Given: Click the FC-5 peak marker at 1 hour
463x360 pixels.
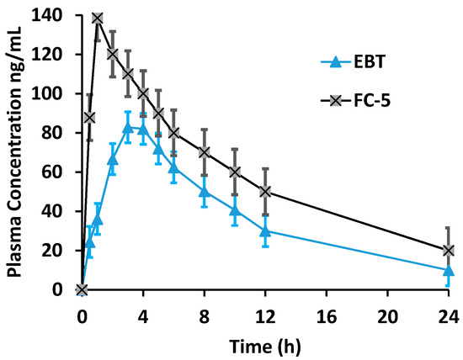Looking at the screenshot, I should tap(97, 19).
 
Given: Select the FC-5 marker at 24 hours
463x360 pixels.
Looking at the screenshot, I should tap(449, 251).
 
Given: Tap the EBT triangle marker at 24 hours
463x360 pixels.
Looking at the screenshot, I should tap(449, 270).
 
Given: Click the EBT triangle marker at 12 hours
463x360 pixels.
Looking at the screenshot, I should tap(265, 231).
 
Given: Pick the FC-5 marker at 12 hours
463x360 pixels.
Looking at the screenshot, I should tap(265, 192).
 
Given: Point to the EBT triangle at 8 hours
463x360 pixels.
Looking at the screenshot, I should tap(204, 192).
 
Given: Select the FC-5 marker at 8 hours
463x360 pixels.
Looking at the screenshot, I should tap(204, 152).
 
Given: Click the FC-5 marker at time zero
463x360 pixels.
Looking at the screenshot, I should tap(82, 290).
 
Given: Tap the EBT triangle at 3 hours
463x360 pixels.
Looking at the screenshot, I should tap(128, 127).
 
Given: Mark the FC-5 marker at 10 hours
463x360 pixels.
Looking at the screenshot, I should tap(235, 172).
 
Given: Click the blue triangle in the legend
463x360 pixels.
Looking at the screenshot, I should tap(334, 61).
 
